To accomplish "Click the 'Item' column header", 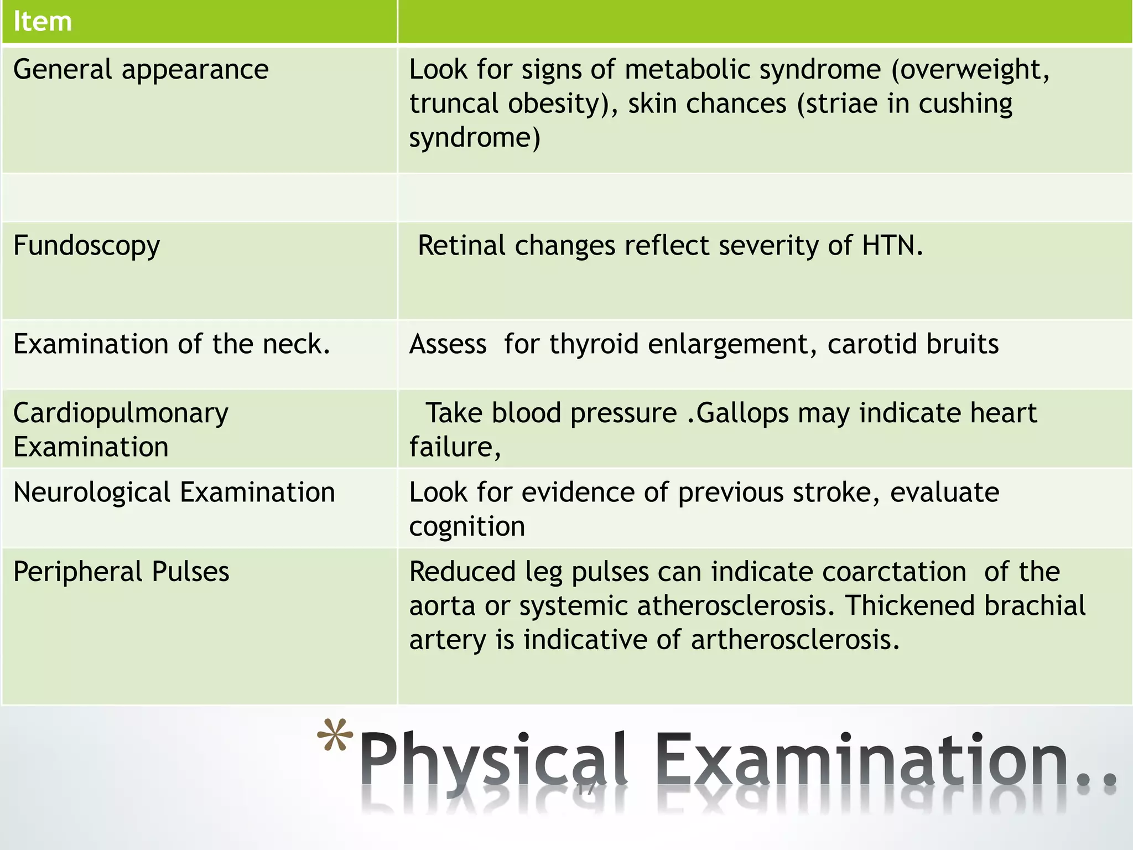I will click(x=43, y=22).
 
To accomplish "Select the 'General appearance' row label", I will click(x=141, y=70).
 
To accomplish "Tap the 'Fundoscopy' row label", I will click(x=86, y=245).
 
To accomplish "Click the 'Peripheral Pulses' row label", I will click(x=121, y=572).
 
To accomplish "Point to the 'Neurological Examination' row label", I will click(x=174, y=493).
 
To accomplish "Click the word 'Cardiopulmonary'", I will click(x=121, y=413).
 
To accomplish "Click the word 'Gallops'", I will click(x=742, y=413).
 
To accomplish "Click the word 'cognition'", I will click(x=467, y=527).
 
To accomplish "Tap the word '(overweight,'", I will click(x=970, y=70).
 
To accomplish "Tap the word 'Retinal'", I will click(x=461, y=245).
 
